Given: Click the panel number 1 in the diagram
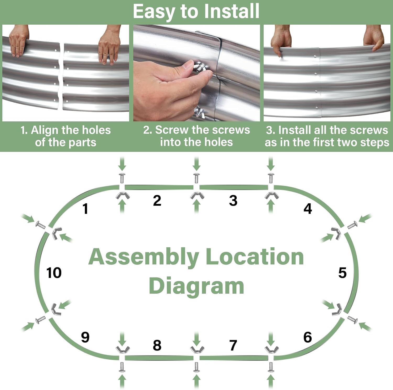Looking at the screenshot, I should click(x=85, y=209).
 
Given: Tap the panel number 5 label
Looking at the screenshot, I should click(x=342, y=273).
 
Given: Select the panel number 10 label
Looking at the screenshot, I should click(x=54, y=273).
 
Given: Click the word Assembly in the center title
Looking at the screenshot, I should click(x=144, y=257).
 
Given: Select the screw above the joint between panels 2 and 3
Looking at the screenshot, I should click(x=196, y=178).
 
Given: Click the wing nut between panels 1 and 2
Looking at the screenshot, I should click(x=122, y=196).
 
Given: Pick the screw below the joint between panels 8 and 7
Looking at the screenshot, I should click(x=196, y=367).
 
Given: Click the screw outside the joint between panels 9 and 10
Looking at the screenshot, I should click(x=40, y=320).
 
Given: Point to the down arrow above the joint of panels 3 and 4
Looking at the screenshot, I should click(x=271, y=164).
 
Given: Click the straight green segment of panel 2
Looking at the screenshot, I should click(x=159, y=187).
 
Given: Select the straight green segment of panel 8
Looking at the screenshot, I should click(x=159, y=358).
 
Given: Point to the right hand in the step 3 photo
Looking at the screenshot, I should click(x=374, y=38).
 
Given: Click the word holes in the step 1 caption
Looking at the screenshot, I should click(x=97, y=130).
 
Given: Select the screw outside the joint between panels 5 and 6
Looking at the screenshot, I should click(x=352, y=320).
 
